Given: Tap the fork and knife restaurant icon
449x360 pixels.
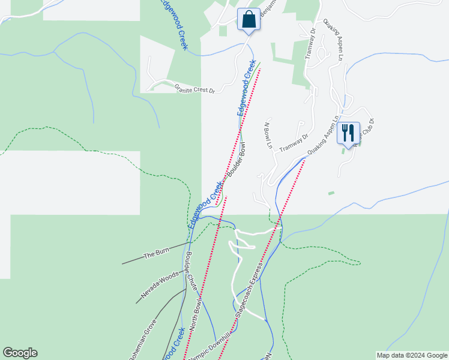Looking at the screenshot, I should tap(348, 133).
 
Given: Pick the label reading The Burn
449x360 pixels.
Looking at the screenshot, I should tap(157, 253).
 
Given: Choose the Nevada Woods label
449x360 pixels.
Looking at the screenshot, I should tap(160, 286).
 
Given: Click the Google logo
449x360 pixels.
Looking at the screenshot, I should tap(20, 353).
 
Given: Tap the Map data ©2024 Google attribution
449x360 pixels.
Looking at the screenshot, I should tap(411, 355).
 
